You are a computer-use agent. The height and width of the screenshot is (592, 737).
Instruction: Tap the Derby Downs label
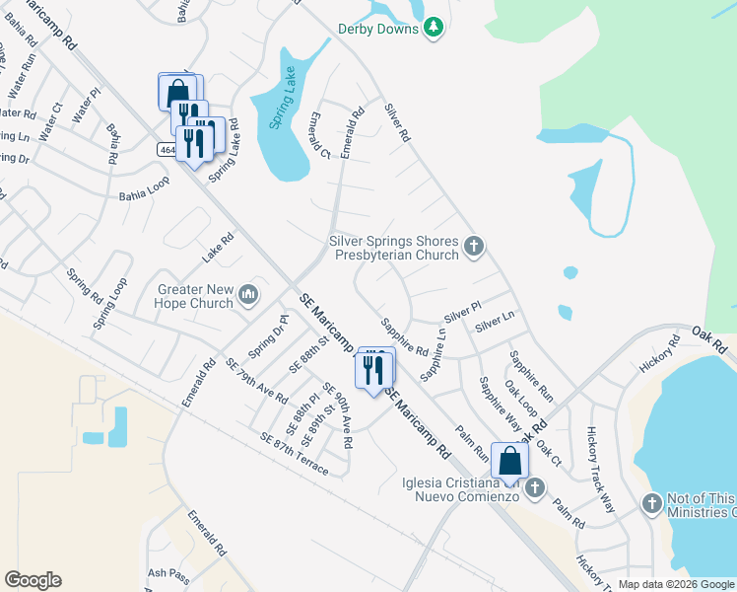point(378,30)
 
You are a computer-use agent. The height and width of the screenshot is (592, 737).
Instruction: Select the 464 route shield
point(166,150)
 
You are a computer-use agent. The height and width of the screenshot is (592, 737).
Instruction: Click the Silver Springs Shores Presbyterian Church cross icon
point(474,246)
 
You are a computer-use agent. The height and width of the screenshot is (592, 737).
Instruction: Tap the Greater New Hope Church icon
point(248,294)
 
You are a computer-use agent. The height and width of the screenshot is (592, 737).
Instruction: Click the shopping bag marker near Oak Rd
point(509,460)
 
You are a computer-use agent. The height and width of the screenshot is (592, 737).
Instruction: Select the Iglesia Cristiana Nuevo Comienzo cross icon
point(535,487)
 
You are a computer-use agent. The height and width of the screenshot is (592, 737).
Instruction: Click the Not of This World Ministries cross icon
point(651,504)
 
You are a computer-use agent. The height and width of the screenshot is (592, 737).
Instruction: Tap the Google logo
point(33,580)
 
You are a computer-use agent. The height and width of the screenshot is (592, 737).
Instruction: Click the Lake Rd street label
point(218,249)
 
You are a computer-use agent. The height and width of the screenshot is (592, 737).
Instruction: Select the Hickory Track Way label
point(599,470)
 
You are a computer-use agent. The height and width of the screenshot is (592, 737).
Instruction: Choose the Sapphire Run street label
point(530,376)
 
